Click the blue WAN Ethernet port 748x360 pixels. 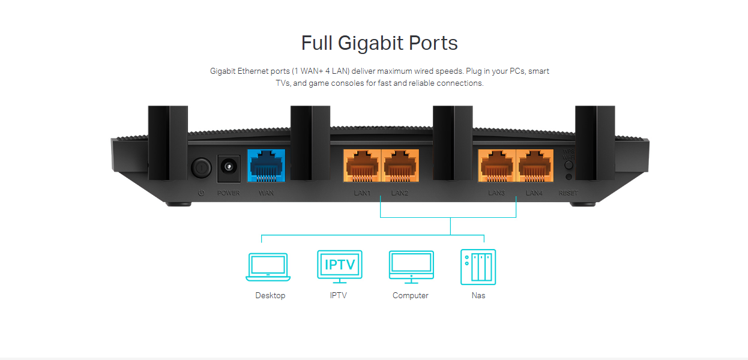click(x=266, y=165)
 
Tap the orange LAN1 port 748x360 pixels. click(x=362, y=166)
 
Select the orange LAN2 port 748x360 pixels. click(x=400, y=166)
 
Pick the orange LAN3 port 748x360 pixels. click(x=496, y=166)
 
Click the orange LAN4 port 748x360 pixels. click(x=534, y=166)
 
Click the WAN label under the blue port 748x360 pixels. click(x=266, y=193)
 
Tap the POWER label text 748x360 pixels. click(x=228, y=193)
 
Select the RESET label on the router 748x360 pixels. click(x=568, y=193)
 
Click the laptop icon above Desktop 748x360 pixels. click(x=268, y=267)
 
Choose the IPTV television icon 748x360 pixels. click(x=340, y=266)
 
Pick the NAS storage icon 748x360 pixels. click(x=478, y=267)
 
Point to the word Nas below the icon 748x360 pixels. click(x=478, y=295)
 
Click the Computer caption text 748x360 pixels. click(x=411, y=295)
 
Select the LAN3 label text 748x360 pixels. click(x=496, y=193)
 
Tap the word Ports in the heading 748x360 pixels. click(x=433, y=43)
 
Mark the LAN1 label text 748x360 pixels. click(x=362, y=193)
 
